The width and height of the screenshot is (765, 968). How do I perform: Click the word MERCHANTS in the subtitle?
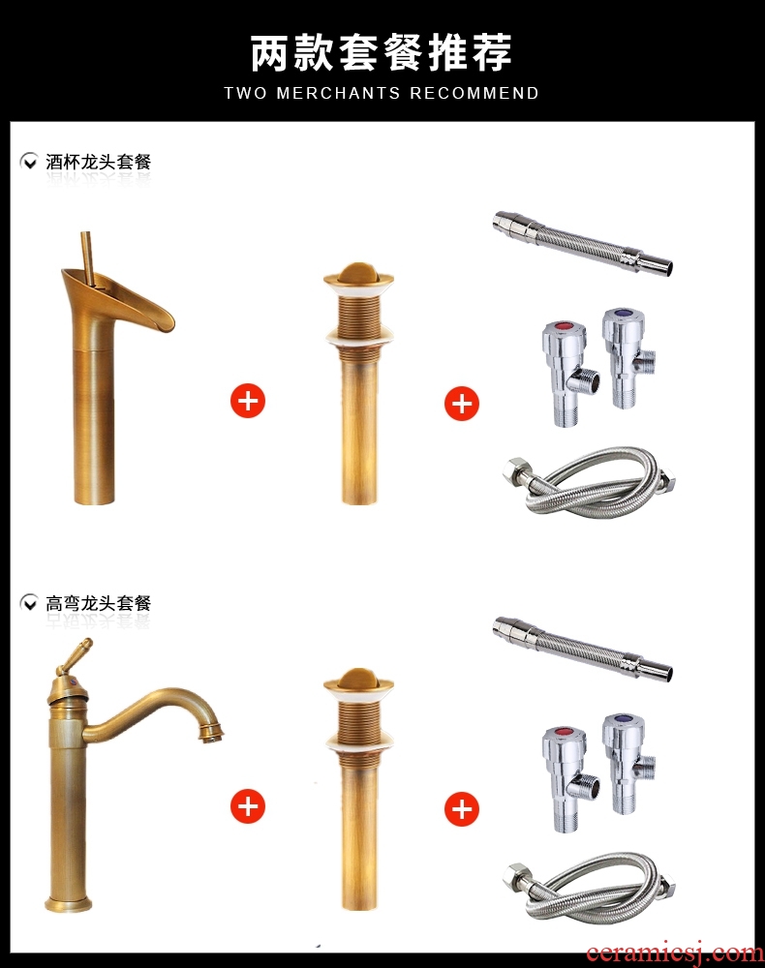tap(338, 93)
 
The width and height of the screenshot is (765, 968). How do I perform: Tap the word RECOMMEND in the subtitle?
tap(474, 93)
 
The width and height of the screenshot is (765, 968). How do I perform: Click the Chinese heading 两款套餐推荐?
tap(381, 52)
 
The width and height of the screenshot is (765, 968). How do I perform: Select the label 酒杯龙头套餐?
tap(98, 162)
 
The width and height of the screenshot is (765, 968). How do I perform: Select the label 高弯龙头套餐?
tap(98, 603)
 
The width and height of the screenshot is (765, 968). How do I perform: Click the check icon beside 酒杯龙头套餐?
tap(28, 162)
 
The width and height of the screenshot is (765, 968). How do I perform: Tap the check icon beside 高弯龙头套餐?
tap(28, 602)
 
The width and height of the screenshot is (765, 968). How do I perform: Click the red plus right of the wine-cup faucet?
tap(248, 402)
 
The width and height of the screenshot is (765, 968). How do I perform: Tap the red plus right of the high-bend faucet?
tap(248, 806)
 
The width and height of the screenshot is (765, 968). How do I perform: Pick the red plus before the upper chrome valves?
tap(462, 404)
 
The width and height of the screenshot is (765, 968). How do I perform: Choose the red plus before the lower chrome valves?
tap(462, 808)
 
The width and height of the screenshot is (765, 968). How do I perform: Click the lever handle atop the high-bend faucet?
tap(74, 655)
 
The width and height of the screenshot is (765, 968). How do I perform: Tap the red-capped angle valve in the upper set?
tap(568, 373)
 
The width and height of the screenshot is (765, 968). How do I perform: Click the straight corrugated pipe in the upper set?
tap(582, 243)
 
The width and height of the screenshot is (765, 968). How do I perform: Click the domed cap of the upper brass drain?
tap(358, 274)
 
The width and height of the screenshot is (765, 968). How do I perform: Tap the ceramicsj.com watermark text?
tap(674, 953)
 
